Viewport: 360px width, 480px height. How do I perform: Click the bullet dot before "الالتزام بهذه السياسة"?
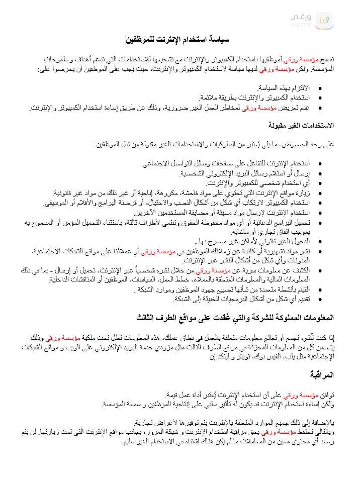pos(320,88)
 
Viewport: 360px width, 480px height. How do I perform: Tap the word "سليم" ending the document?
pos(130,443)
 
